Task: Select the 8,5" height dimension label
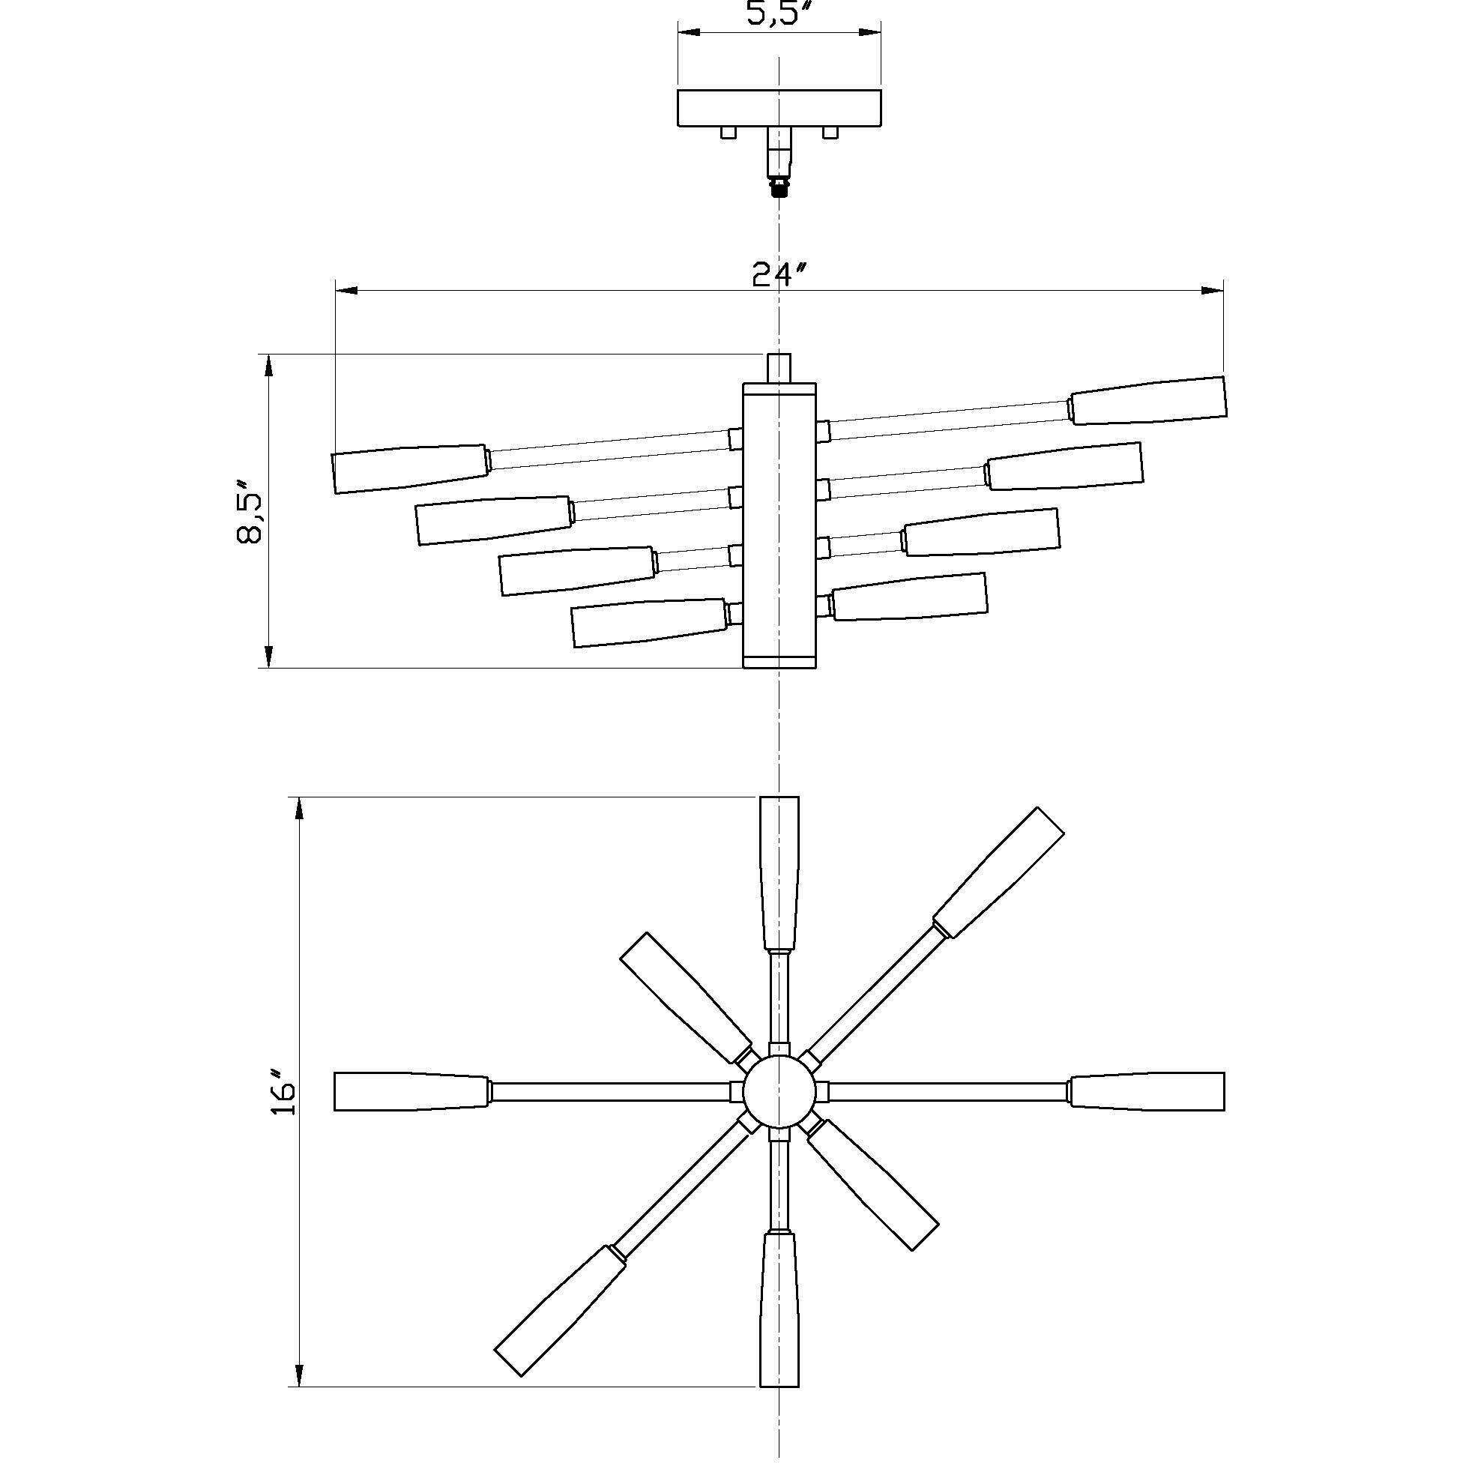(x=249, y=511)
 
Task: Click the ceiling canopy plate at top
(x=779, y=107)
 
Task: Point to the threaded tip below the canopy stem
(x=779, y=187)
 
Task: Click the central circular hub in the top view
(x=779, y=1091)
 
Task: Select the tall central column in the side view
(x=779, y=525)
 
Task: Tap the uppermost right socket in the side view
(x=1149, y=399)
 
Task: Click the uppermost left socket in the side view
(x=410, y=468)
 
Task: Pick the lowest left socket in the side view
(x=649, y=623)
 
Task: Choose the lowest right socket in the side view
(x=909, y=597)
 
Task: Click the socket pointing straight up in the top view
(x=779, y=873)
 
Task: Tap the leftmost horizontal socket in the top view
(x=411, y=1091)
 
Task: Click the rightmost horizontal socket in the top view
(x=1147, y=1091)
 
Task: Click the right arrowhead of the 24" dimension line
(x=1214, y=290)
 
